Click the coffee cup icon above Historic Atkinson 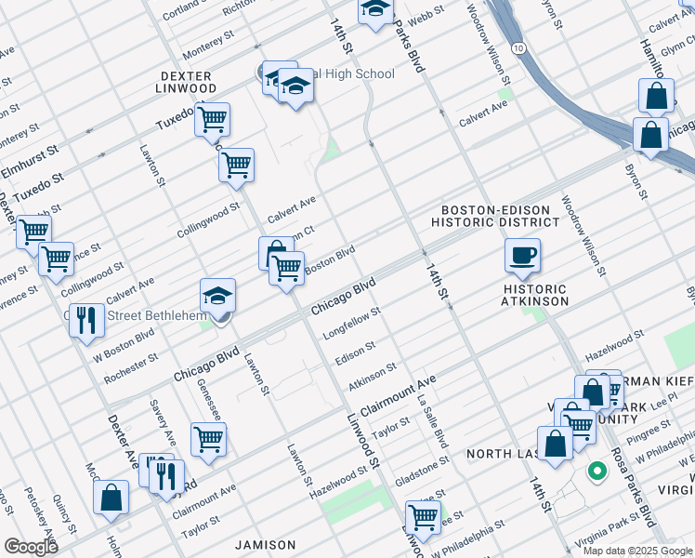[x=522, y=255]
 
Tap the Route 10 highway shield [x=518, y=46]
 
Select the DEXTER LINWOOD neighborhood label [x=187, y=82]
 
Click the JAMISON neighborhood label [x=266, y=544]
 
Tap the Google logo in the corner [x=30, y=546]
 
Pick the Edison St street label [x=356, y=352]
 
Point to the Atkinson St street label [x=372, y=377]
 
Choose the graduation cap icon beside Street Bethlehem [x=217, y=296]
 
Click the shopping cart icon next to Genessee [x=208, y=439]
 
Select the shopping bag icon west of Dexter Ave [x=111, y=497]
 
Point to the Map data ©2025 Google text [x=636, y=551]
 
